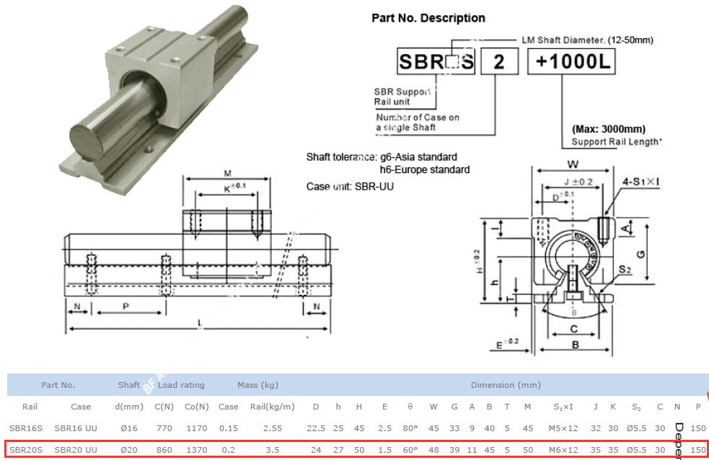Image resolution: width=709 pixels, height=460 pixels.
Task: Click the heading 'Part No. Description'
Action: (x=428, y=18)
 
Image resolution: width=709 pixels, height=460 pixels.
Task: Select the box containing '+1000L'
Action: (x=571, y=62)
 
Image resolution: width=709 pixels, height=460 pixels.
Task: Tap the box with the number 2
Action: (x=498, y=62)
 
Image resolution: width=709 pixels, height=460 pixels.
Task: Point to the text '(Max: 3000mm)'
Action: (x=608, y=129)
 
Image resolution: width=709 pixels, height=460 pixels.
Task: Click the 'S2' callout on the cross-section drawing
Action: (x=625, y=270)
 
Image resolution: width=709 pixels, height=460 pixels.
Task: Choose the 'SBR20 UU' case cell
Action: (x=76, y=450)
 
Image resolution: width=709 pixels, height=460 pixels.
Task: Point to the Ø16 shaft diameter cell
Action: (x=129, y=428)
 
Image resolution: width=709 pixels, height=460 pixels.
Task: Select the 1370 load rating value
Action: (x=196, y=450)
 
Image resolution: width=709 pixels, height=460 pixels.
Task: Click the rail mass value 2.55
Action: (x=272, y=428)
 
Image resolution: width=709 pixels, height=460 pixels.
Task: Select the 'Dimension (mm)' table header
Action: (x=505, y=385)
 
